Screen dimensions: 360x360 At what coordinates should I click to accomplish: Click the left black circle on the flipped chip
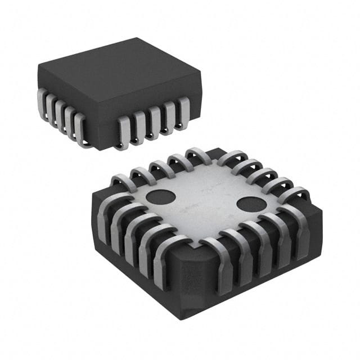(160, 197)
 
